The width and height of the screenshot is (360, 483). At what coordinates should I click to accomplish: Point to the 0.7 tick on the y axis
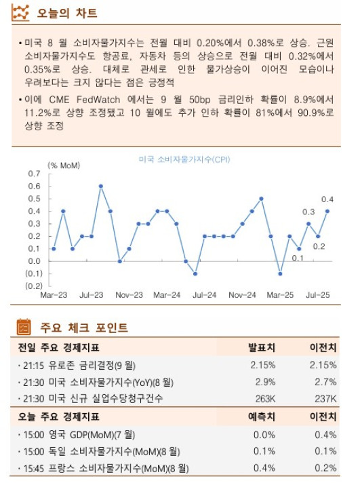click(34, 174)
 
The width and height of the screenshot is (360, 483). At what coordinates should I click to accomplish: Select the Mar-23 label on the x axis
click(54, 296)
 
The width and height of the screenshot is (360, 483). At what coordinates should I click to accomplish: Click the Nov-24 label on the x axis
click(242, 296)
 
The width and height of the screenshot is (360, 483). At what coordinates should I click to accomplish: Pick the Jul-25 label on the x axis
click(318, 296)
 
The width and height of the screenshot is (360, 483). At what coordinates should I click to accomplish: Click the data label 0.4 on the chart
click(327, 199)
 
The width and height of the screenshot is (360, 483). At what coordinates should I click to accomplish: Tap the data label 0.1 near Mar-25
click(298, 258)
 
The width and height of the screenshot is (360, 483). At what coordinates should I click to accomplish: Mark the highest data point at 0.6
click(100, 186)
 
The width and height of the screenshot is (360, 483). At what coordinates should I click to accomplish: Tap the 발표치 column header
click(262, 347)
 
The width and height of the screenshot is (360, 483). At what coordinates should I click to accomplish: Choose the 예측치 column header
click(262, 417)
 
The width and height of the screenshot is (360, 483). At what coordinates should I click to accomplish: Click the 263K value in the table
click(263, 399)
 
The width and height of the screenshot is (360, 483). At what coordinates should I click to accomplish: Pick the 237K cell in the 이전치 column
click(323, 399)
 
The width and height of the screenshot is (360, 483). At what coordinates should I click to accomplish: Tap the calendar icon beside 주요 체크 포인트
click(24, 328)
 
